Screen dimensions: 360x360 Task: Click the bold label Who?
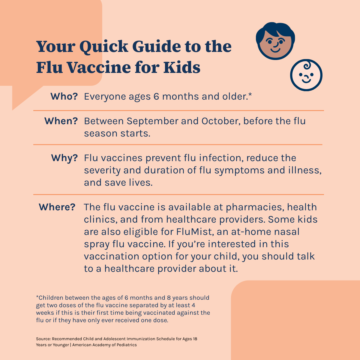(x=64, y=96)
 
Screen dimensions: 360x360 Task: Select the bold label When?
(x=61, y=121)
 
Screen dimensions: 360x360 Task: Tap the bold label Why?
(x=64, y=158)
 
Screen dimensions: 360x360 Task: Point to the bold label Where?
(x=57, y=207)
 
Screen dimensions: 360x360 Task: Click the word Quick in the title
(x=104, y=47)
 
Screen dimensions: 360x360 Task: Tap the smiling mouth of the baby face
(x=306, y=81)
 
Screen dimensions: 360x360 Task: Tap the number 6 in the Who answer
(x=156, y=97)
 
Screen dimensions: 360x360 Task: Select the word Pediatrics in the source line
(x=127, y=345)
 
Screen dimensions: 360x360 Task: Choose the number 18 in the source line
(x=195, y=339)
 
